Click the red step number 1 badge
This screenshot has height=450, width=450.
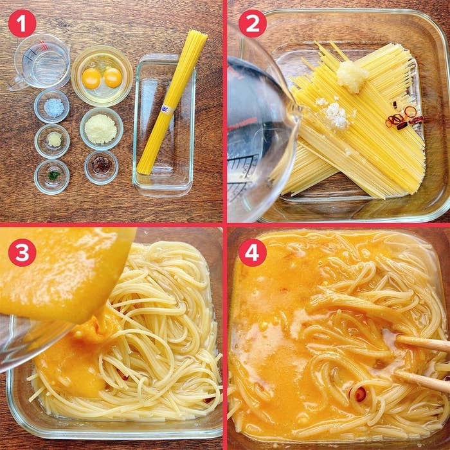pyautogui.click(x=22, y=23)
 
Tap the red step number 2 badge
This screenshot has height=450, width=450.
pyautogui.click(x=252, y=23)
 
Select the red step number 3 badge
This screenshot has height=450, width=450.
pyautogui.click(x=22, y=252)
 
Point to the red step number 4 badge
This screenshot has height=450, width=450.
pyautogui.click(x=252, y=252)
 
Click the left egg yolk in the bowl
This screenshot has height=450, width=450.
pyautogui.click(x=92, y=78)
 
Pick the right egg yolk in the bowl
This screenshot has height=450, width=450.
pyautogui.click(x=113, y=77)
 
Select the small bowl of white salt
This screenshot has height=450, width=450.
pyautogui.click(x=52, y=107)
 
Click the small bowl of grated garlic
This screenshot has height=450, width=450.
pyautogui.click(x=52, y=140)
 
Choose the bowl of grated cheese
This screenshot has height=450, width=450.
pyautogui.click(x=102, y=129)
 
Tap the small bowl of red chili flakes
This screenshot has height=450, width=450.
pyautogui.click(x=101, y=166)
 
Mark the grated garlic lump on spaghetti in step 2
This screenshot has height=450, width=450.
pyautogui.click(x=352, y=76)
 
